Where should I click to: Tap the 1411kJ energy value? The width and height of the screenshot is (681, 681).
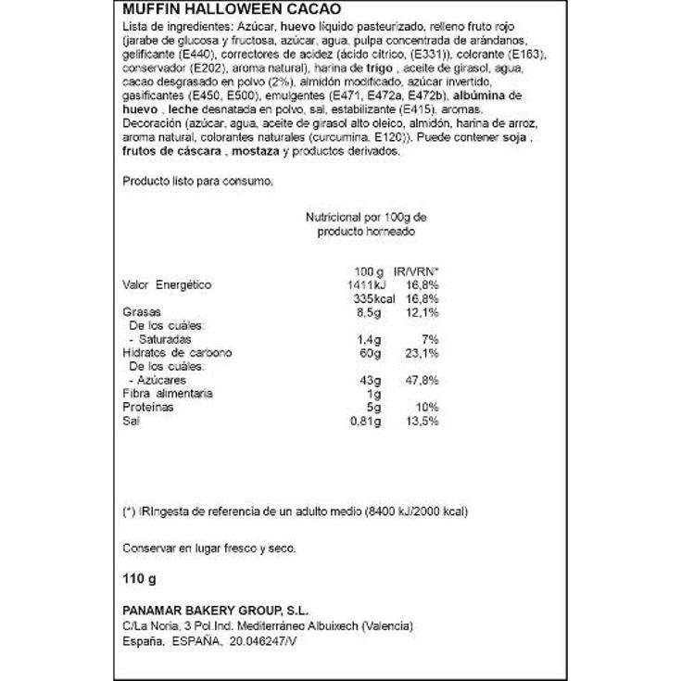click(x=362, y=284)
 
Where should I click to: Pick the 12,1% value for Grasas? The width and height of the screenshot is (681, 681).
click(x=419, y=312)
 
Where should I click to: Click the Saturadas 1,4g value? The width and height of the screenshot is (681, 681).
click(x=368, y=339)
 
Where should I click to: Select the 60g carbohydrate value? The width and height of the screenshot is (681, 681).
click(x=370, y=353)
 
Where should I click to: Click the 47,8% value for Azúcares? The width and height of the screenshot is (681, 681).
click(x=419, y=381)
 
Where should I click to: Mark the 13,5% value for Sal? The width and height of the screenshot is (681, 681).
click(x=419, y=422)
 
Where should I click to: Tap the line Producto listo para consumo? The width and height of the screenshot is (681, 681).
click(x=197, y=181)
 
